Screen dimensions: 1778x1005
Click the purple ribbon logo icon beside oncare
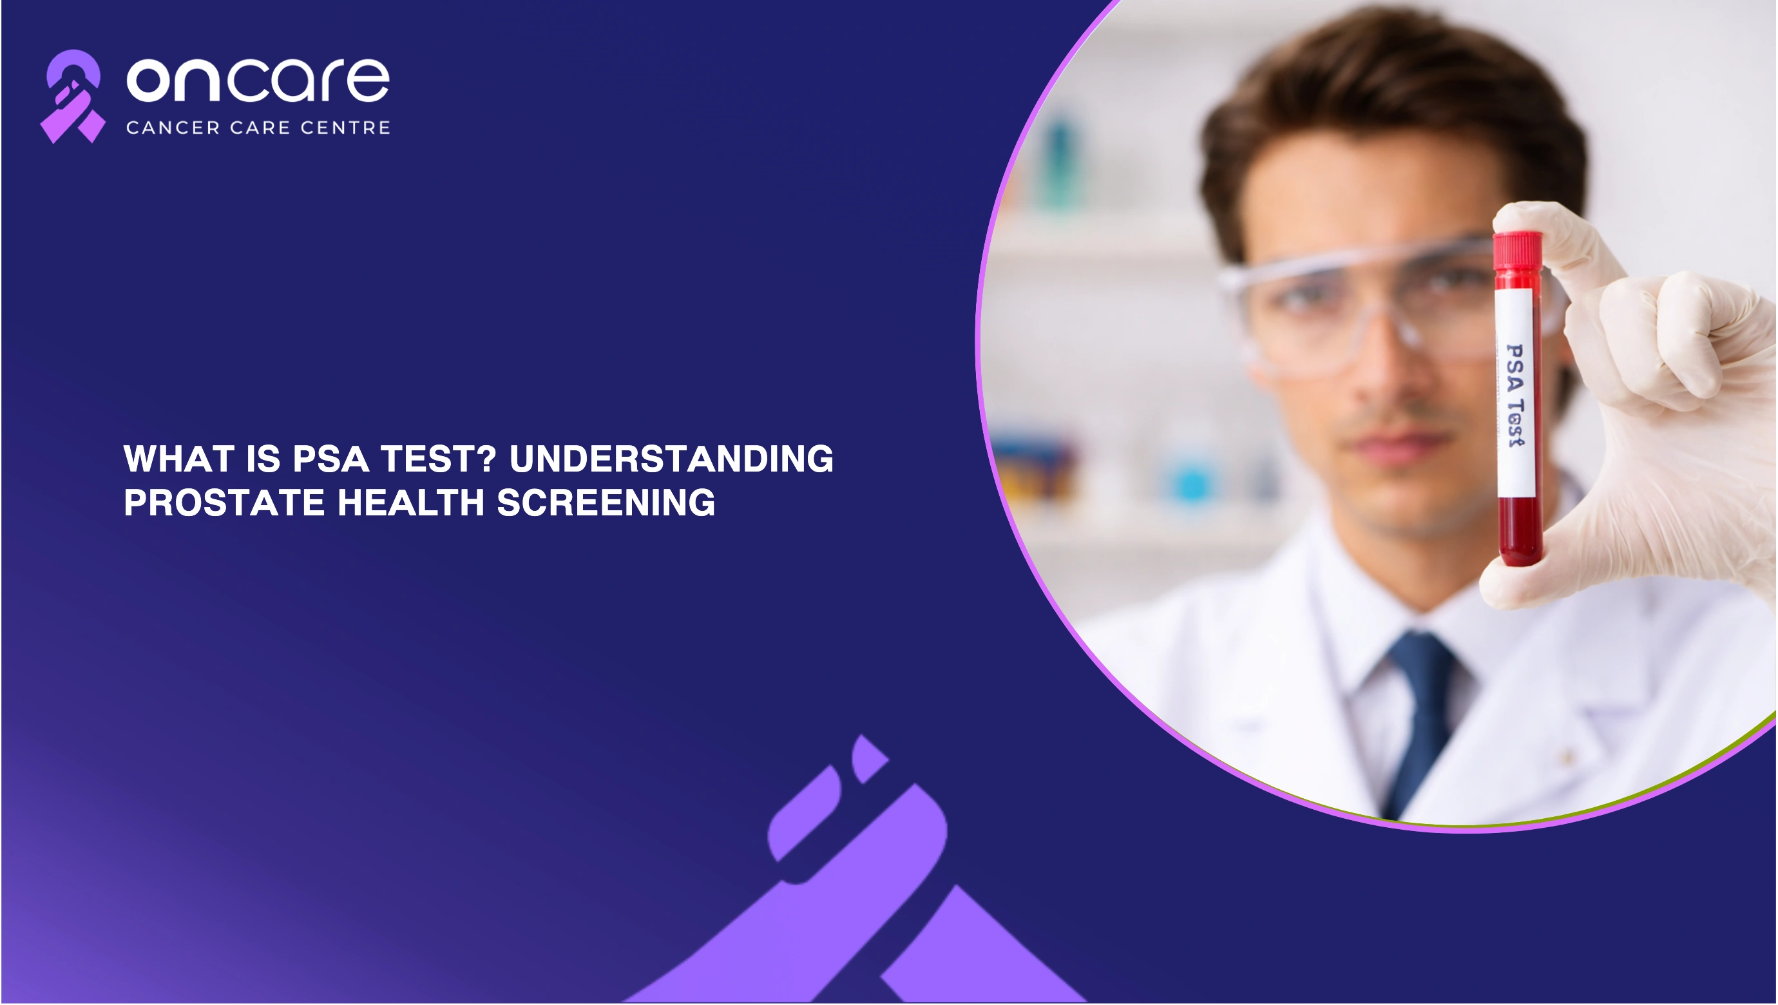[72, 97]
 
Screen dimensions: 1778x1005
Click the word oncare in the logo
[258, 80]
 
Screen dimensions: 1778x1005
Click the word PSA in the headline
[330, 459]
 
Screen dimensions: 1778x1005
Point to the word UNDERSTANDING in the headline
[671, 459]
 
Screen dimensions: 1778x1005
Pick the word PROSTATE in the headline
[224, 503]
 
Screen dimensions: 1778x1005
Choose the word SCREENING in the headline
[606, 503]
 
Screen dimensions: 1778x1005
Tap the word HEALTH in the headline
[411, 503]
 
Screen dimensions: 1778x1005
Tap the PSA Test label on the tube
[1516, 394]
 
